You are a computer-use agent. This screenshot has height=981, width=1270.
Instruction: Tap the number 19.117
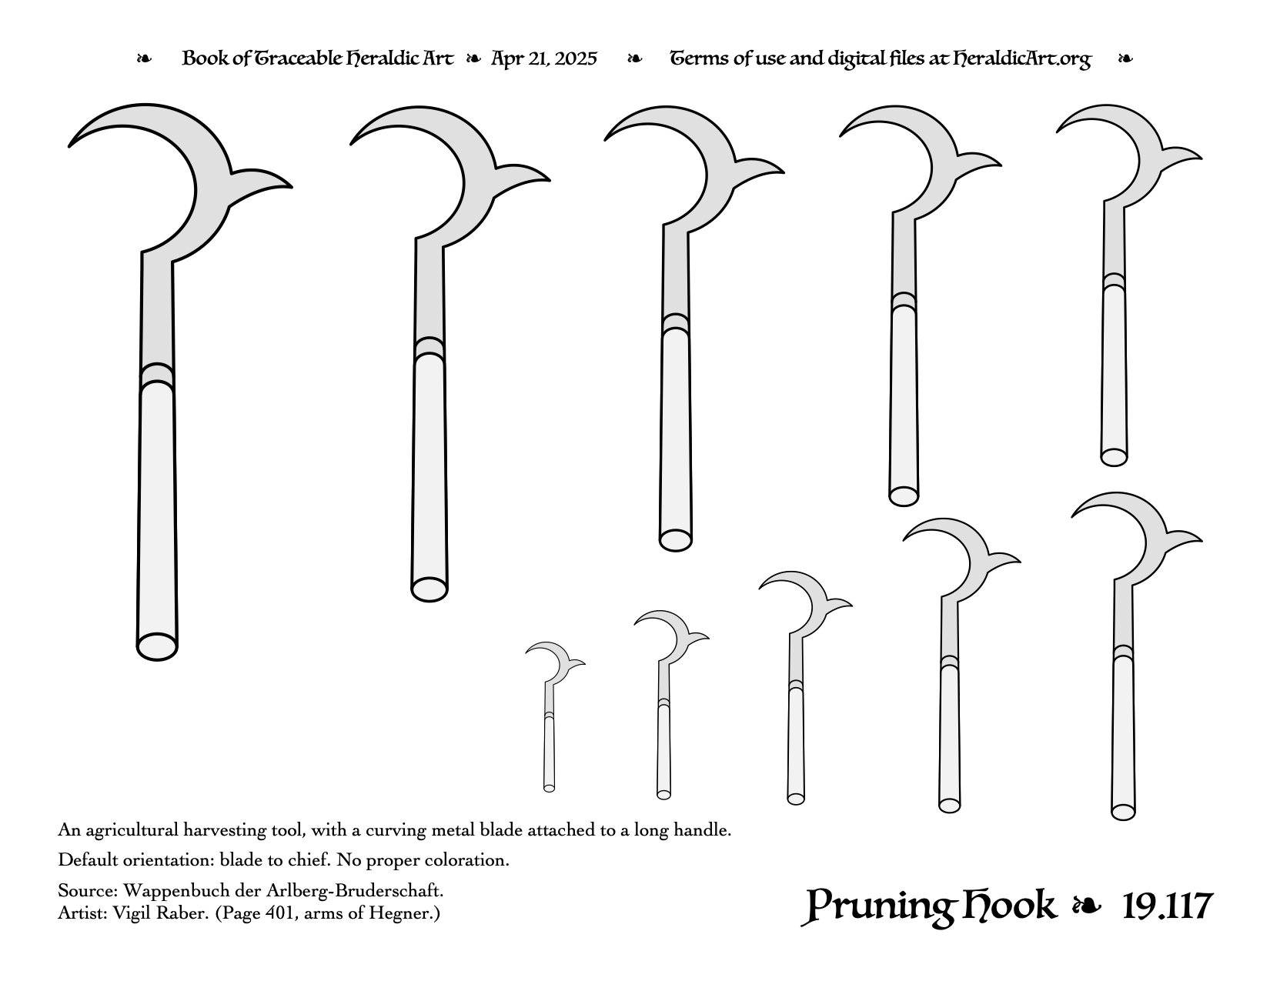tap(1167, 906)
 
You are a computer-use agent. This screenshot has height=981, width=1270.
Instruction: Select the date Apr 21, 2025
tap(543, 58)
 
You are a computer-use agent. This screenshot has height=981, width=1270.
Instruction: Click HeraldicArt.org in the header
tap(1022, 59)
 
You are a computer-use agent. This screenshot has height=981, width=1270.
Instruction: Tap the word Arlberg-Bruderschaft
tap(355, 890)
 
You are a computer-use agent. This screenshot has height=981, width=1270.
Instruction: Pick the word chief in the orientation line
tap(312, 860)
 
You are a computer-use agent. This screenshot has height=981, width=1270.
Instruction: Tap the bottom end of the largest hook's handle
tap(157, 647)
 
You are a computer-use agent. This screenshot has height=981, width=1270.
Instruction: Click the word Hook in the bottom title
tap(1010, 906)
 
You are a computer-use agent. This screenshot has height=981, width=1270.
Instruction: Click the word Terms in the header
tap(698, 58)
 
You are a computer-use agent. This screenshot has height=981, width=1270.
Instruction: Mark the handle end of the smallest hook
tap(549, 788)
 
